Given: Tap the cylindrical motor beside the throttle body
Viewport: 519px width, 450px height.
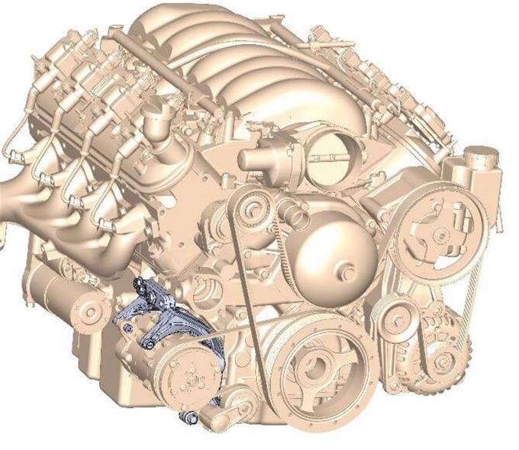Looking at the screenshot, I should pyautogui.click(x=263, y=158).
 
